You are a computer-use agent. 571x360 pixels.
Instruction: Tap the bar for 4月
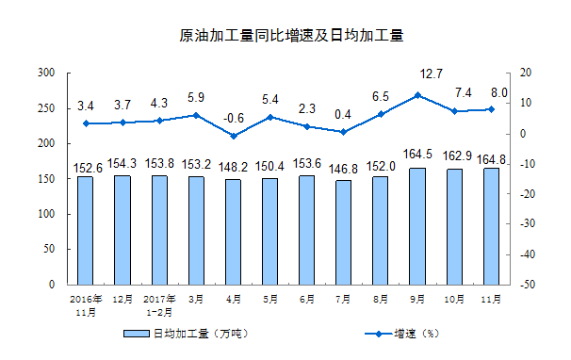pyautogui.click(x=232, y=232)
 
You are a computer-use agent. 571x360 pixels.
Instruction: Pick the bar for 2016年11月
pyautogui.click(x=85, y=230)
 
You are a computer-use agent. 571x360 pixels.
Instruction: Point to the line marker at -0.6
pyautogui.click(x=232, y=136)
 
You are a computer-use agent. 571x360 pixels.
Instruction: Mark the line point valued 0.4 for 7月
pyautogui.click(x=343, y=132)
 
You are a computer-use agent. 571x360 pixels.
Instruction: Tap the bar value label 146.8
pyautogui.click(x=343, y=167)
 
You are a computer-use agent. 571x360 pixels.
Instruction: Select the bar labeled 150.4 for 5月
pyautogui.click(x=269, y=231)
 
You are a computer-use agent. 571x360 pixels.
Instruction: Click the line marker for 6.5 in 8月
pyautogui.click(x=380, y=114)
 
